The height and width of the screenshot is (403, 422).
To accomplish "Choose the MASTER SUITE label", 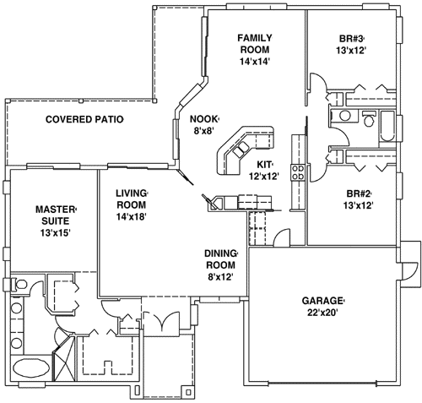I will [x=56, y=215].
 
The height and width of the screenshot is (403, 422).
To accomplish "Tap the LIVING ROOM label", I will [x=132, y=199].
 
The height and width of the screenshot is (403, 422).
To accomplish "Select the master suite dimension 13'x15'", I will [x=56, y=233].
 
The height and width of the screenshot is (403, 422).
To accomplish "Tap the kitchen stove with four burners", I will [x=297, y=172].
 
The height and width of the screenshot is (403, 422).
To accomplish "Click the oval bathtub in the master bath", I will [x=30, y=369].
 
